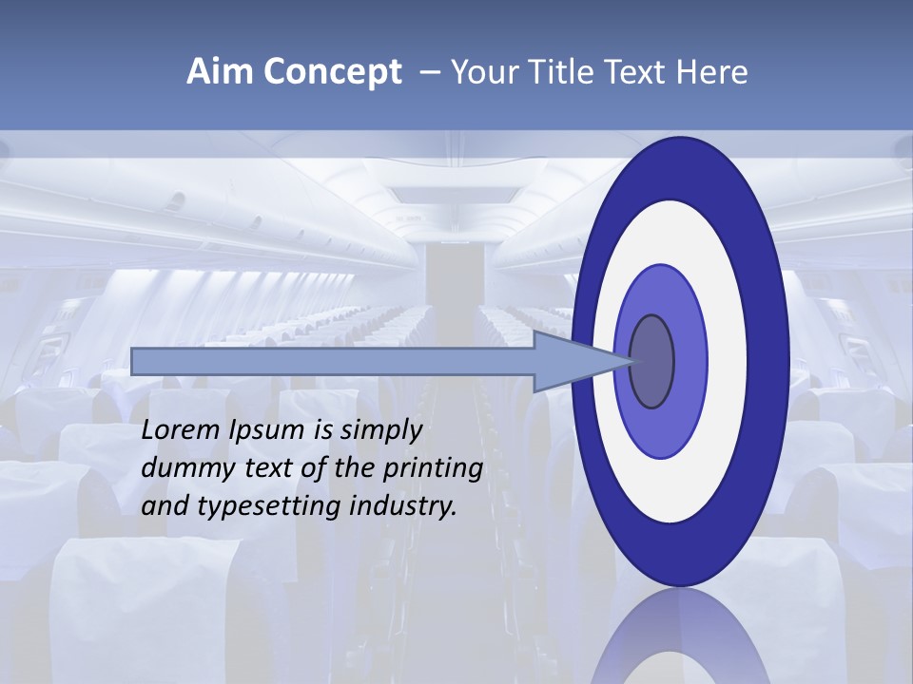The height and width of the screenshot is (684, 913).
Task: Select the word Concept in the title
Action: tap(333, 72)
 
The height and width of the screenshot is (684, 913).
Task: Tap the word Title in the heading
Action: tap(555, 72)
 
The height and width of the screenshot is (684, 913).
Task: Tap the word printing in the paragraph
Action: tap(433, 468)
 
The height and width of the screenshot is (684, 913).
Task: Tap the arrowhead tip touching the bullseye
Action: tap(630, 361)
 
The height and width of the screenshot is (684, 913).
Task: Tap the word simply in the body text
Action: tap(380, 430)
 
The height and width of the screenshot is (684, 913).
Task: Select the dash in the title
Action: tap(429, 72)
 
